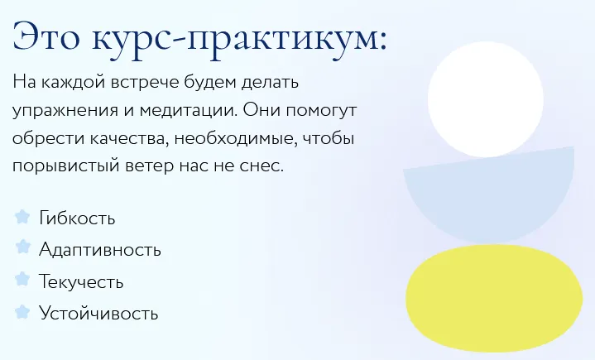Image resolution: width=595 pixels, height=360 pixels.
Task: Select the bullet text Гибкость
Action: (77, 218)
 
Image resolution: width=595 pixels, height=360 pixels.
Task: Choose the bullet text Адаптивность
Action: (100, 250)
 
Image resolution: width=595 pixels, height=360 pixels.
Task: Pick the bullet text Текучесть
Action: (81, 282)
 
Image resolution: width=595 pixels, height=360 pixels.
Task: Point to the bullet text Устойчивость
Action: (98, 314)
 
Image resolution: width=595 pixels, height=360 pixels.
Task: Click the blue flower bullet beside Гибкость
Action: (23, 217)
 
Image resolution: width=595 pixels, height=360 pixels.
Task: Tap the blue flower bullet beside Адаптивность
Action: (23, 247)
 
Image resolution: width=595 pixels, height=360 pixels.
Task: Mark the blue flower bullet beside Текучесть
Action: (23, 280)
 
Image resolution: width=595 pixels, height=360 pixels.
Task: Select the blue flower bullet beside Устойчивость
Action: (23, 311)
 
